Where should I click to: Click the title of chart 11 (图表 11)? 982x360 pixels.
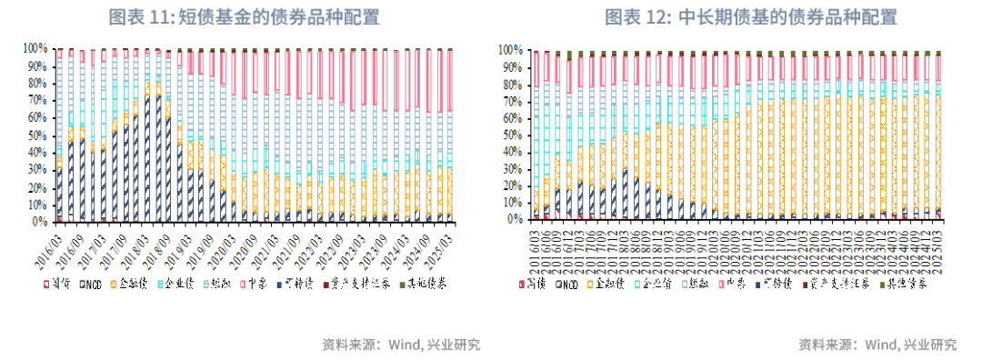coord(244,17)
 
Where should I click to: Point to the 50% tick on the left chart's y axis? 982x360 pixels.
coord(36,135)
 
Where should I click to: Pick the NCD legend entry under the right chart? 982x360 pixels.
coord(564,285)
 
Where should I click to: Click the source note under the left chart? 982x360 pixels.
coord(401,345)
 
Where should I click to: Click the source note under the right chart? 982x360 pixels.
coord(877,345)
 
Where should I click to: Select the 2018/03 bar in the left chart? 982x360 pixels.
coord(148,136)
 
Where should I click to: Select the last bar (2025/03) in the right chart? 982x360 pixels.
coord(938,136)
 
